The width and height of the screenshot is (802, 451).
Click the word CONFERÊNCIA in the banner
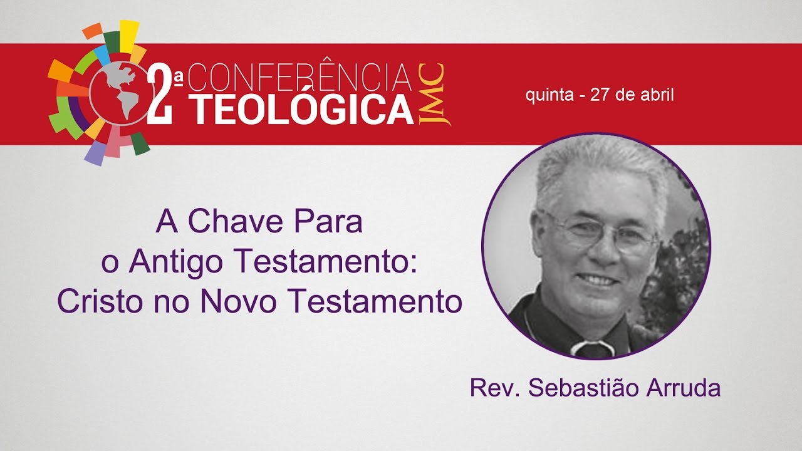(299, 78)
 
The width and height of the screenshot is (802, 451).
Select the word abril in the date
(658, 96)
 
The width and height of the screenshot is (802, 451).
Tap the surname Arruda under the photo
(687, 387)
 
